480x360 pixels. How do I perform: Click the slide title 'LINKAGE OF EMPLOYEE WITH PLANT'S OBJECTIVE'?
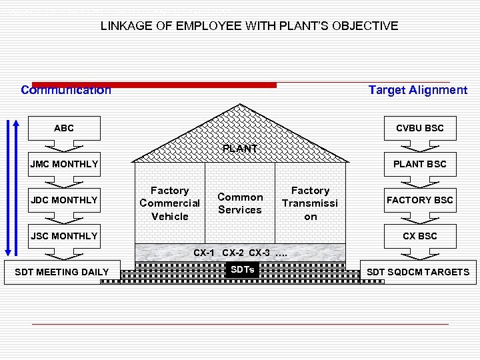click(x=249, y=26)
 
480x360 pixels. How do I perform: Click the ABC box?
click(x=64, y=128)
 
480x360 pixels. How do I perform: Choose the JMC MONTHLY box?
click(x=64, y=164)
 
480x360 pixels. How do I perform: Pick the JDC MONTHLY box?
click(x=64, y=200)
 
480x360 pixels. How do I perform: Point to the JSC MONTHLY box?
click(x=64, y=236)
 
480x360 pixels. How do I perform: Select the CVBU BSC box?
click(x=420, y=128)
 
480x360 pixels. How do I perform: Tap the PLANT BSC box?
click(x=420, y=164)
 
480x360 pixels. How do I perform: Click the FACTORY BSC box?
click(x=420, y=200)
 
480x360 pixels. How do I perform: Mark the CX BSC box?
click(x=420, y=236)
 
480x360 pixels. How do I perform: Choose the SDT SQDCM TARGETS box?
click(x=418, y=272)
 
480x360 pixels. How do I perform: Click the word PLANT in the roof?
click(x=240, y=149)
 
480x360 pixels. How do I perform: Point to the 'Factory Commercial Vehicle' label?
click(x=169, y=203)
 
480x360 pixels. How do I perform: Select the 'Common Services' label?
click(x=240, y=203)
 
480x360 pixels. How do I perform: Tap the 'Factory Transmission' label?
click(x=310, y=203)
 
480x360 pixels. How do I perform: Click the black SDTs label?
click(x=241, y=269)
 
